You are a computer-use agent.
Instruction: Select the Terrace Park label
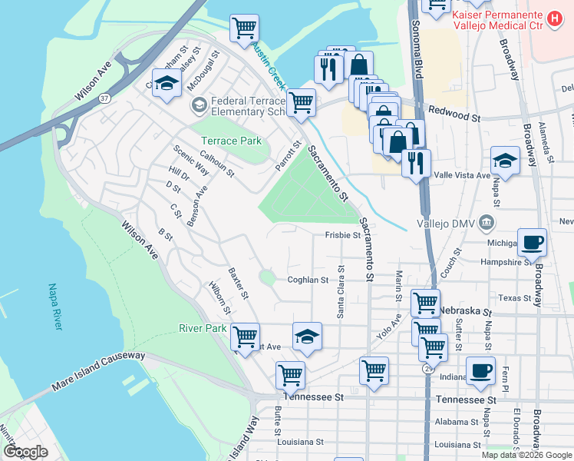[x=231, y=141]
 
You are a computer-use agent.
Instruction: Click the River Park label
[x=203, y=328]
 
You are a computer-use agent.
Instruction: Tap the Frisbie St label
[x=342, y=235]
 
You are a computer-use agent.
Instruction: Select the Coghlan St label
[x=308, y=280]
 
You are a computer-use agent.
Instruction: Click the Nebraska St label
[x=464, y=310]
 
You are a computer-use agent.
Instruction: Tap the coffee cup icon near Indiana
[x=480, y=370]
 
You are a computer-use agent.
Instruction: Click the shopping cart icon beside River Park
[x=245, y=336]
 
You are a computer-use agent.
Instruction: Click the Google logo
[x=25, y=451]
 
